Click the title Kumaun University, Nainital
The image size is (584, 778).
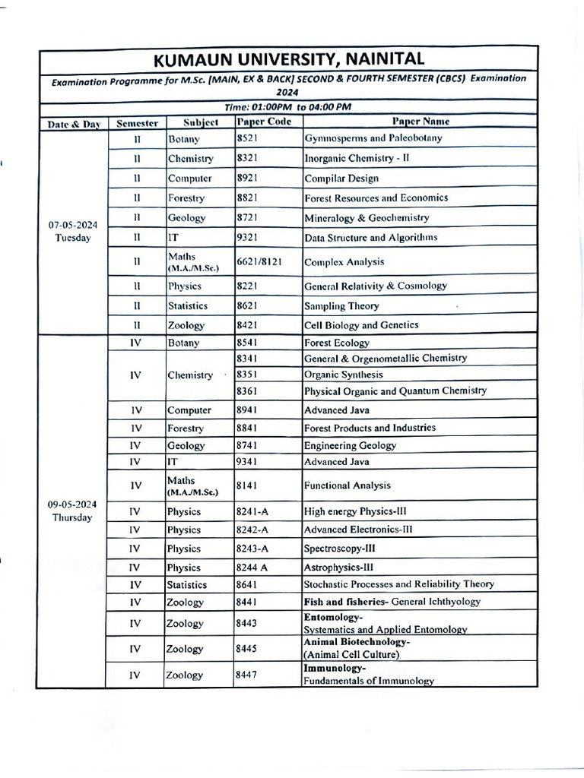click(x=289, y=59)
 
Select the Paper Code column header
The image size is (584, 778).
click(x=264, y=122)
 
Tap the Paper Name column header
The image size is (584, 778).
click(x=420, y=122)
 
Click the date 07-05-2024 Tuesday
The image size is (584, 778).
click(x=72, y=231)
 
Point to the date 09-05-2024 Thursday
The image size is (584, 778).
click(x=72, y=511)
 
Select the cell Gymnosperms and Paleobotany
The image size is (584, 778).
click(x=373, y=138)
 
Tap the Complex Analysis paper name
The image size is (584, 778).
click(x=344, y=262)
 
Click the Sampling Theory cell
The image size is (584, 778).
click(x=341, y=306)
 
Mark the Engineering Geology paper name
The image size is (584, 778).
click(x=350, y=445)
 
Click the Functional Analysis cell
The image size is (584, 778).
click(x=347, y=485)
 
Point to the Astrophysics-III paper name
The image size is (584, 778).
click(x=338, y=568)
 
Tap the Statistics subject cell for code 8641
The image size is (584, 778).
click(x=187, y=585)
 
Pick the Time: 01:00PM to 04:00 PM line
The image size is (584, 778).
click(x=288, y=107)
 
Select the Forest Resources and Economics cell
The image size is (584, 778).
click(x=376, y=198)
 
